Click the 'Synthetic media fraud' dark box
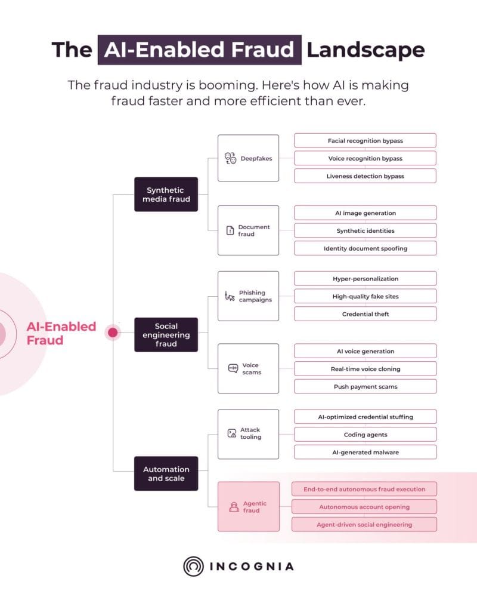[x=166, y=194]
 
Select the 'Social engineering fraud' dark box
[x=166, y=335]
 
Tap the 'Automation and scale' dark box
[x=166, y=473]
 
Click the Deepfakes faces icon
[x=230, y=158]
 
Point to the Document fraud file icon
[x=230, y=230]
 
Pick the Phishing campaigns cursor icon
[x=230, y=296]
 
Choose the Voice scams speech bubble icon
[x=233, y=368]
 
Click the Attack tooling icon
[x=232, y=433]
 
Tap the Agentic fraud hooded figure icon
[x=234, y=507]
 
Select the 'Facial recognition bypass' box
[x=365, y=140]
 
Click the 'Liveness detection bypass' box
[x=365, y=176]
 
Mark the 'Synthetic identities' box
[x=365, y=230]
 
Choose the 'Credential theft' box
[x=365, y=314]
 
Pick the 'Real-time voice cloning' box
[x=365, y=369]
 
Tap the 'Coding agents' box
[x=365, y=435]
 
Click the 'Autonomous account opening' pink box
[x=364, y=507]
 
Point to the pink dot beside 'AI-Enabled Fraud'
[x=113, y=333]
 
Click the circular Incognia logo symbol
[x=193, y=566]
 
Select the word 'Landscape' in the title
[x=366, y=50]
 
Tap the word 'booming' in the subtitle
[x=227, y=85]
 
